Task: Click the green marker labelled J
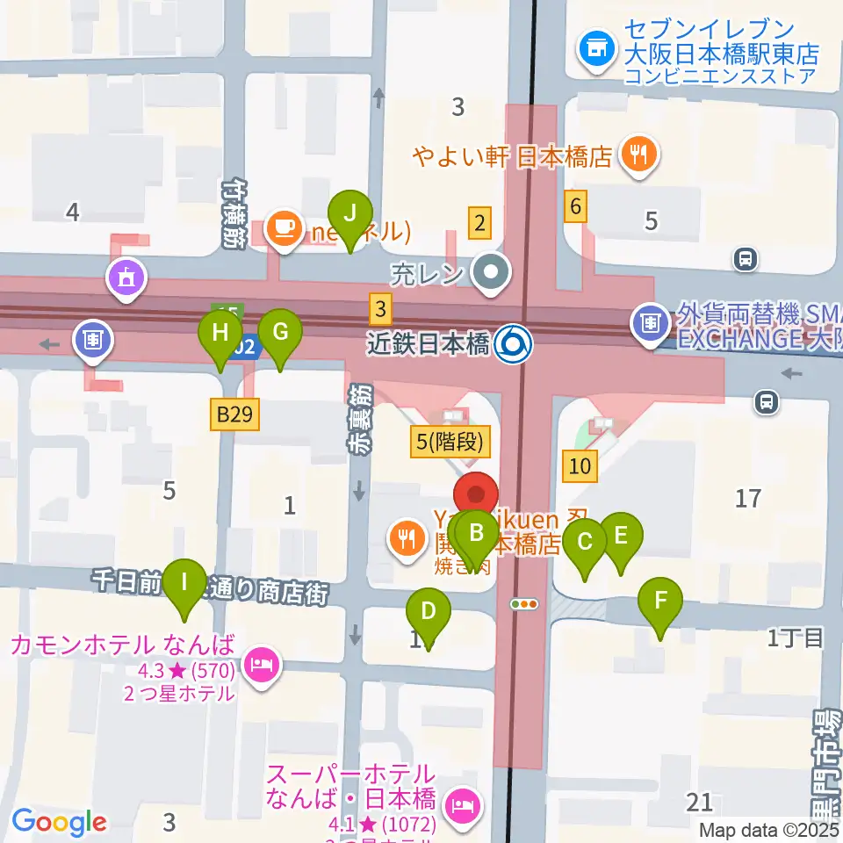point(350,213)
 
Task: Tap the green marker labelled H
point(220,333)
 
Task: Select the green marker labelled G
point(280,333)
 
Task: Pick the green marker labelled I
point(184,582)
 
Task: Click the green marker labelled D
point(429,611)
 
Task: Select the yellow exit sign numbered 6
point(576,207)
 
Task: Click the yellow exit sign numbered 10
point(580,465)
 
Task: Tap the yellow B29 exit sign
point(235,414)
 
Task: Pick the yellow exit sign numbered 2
point(479,223)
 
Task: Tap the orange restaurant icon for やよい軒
point(635,156)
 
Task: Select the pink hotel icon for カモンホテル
point(262,660)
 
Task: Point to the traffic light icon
point(525,603)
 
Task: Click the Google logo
point(60,822)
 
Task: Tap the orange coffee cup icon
point(283,228)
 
